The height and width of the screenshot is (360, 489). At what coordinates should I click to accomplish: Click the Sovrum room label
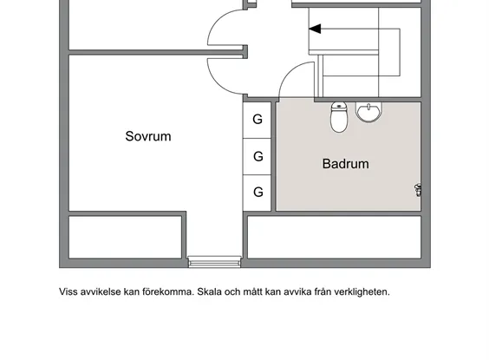[x=148, y=136]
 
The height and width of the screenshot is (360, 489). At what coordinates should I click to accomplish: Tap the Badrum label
[x=346, y=164]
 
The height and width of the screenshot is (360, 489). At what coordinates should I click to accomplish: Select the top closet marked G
[x=257, y=120]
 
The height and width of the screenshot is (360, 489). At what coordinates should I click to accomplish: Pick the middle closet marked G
[x=257, y=156]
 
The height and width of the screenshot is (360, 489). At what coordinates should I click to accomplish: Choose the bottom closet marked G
[x=257, y=193]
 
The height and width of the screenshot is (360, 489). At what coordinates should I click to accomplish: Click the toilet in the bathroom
[x=339, y=117]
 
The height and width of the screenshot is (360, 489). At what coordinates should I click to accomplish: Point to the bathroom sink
[x=369, y=112]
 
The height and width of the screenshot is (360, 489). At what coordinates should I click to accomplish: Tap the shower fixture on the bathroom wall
[x=418, y=190]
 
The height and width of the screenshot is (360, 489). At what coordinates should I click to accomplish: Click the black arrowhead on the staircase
[x=315, y=29]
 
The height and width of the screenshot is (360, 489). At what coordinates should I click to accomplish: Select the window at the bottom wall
[x=214, y=262]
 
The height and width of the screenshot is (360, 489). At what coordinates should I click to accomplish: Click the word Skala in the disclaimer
[x=209, y=292]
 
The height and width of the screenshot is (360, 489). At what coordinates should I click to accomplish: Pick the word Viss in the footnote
[x=68, y=292]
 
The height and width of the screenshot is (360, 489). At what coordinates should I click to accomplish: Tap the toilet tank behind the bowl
[x=339, y=106]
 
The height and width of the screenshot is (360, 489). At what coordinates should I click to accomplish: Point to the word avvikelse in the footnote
[x=101, y=292]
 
